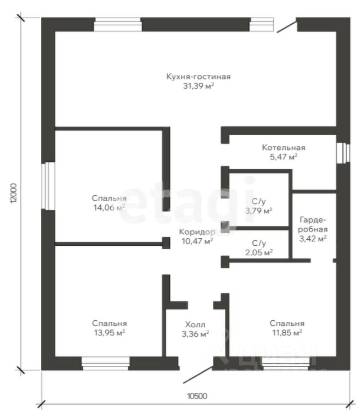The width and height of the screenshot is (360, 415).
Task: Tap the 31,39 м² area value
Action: coord(197,86)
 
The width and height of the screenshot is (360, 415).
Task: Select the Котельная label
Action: coord(283,148)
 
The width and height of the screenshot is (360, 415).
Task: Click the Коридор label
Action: coord(197,232)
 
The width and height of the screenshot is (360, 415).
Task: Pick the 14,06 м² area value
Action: coord(109,207)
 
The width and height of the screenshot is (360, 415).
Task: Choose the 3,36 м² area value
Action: coord(195,334)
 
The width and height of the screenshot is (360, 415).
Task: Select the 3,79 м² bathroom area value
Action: coord(259,211)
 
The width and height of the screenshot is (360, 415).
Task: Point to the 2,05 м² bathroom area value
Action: coord(259,252)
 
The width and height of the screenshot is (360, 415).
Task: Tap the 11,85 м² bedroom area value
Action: coord(287,333)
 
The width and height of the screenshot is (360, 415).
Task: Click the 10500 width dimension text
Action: coord(197,396)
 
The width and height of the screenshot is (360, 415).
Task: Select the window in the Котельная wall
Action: coord(343,152)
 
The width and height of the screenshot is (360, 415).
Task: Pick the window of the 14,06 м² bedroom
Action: coord(47,185)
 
